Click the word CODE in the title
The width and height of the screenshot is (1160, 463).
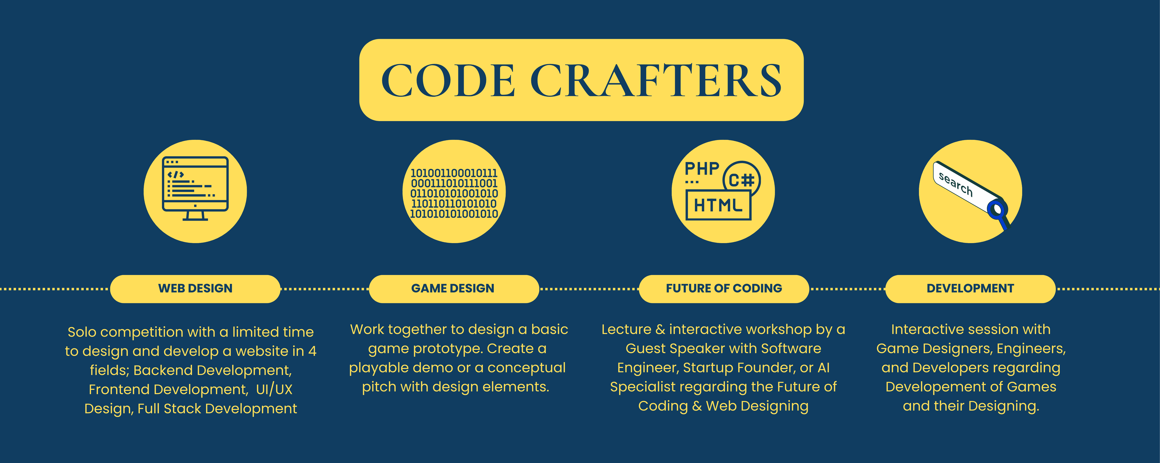(448, 80)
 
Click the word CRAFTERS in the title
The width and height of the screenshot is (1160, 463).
(656, 80)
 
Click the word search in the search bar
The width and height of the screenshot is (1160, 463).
(956, 184)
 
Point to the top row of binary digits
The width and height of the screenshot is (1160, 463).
(454, 173)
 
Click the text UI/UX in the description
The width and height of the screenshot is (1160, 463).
(274, 389)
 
